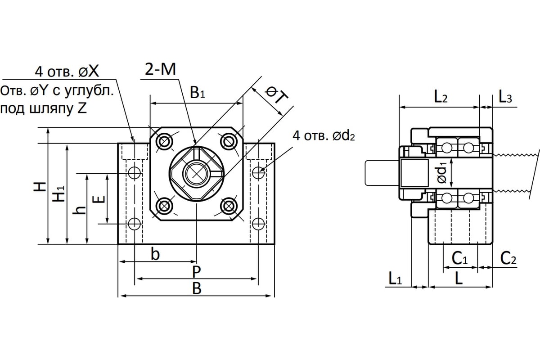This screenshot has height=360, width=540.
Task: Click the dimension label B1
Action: (x=197, y=94)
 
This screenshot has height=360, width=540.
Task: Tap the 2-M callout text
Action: (x=160, y=70)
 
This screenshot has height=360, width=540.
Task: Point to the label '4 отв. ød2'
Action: (x=323, y=135)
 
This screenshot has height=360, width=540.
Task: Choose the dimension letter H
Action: (x=40, y=187)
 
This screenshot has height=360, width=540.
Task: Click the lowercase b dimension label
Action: (x=155, y=255)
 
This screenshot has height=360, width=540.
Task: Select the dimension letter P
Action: (x=196, y=271)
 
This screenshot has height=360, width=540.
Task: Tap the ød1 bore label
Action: (x=442, y=172)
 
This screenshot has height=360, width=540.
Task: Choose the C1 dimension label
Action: (x=459, y=258)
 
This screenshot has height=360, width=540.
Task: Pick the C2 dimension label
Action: (x=508, y=258)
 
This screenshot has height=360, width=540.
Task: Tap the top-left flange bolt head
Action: (x=164, y=142)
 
